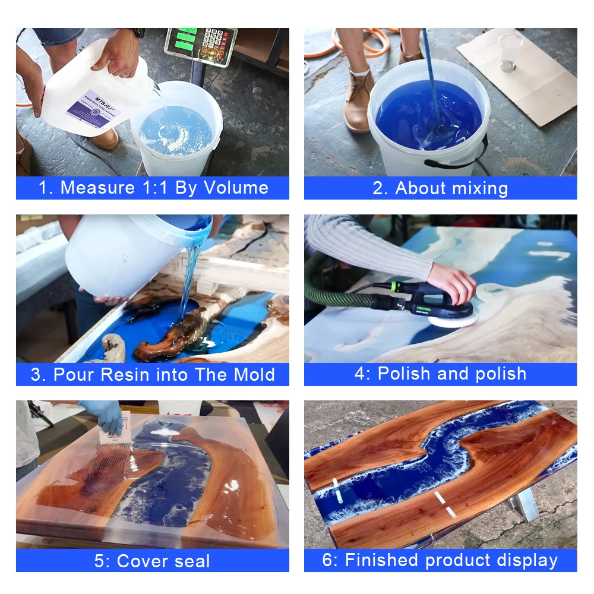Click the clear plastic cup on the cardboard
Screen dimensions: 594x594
pyautogui.click(x=510, y=51)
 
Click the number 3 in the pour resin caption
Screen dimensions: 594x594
pyautogui.click(x=36, y=375)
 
